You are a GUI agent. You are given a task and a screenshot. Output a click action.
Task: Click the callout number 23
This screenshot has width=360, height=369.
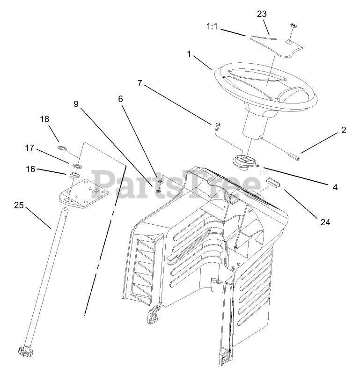[x=262, y=14]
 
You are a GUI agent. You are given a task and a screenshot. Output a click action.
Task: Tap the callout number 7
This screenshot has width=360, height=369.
[x=140, y=84]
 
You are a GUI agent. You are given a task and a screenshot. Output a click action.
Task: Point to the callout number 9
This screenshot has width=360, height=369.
[x=76, y=104]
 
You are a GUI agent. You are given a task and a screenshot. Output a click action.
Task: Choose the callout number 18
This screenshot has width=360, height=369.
[x=44, y=120]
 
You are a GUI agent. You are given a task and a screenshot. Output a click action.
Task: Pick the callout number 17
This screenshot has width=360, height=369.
[x=30, y=148]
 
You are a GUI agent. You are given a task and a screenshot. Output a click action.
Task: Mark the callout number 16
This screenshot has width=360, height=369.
[x=30, y=169]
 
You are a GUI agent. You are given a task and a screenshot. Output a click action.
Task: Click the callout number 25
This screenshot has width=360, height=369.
[x=18, y=205]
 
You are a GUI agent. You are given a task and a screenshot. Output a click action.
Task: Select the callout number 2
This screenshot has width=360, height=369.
[x=344, y=130]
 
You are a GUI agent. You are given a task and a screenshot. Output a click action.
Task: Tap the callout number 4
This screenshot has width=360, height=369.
[x=335, y=187]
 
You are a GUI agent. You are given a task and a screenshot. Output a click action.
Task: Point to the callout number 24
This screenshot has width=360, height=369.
[x=325, y=222]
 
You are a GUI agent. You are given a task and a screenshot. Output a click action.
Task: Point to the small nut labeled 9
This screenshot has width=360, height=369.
[x=159, y=191]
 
